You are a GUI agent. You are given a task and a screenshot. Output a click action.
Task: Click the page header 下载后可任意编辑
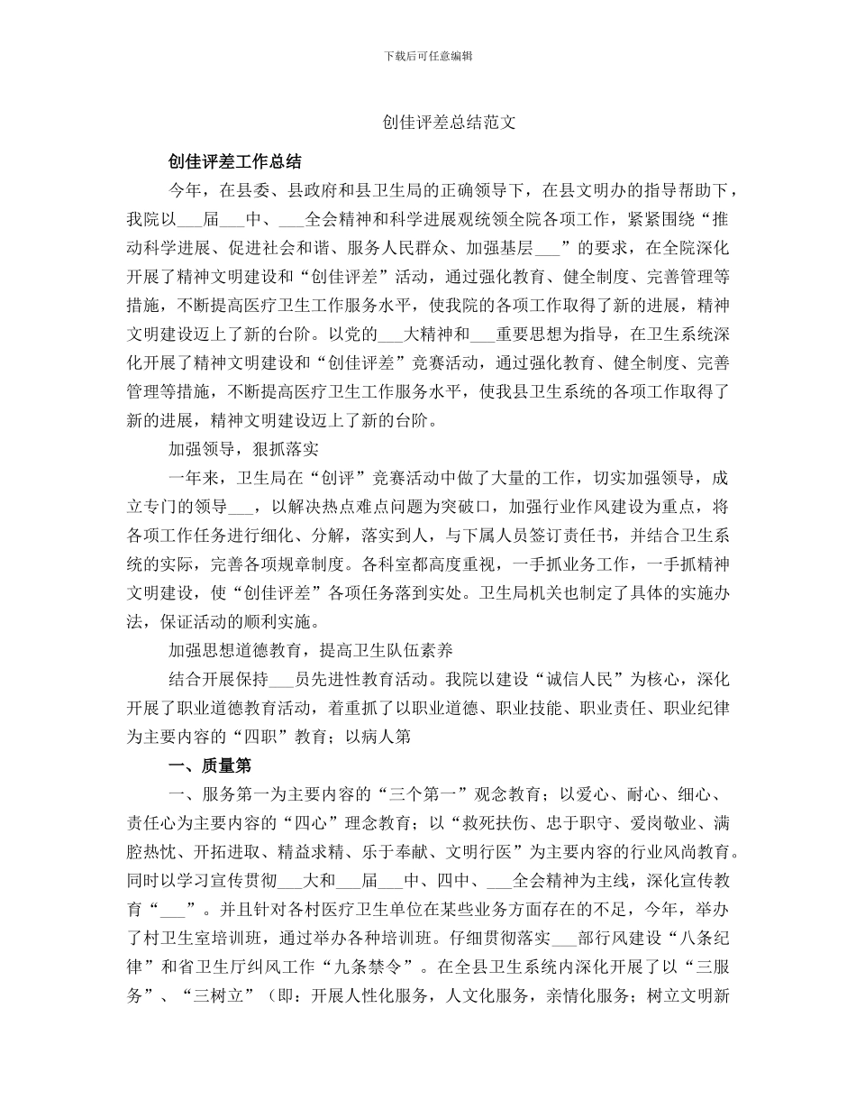click(x=428, y=56)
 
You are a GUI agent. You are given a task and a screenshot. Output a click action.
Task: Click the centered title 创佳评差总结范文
click(x=448, y=123)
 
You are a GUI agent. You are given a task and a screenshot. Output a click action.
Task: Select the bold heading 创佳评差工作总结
click(x=235, y=161)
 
